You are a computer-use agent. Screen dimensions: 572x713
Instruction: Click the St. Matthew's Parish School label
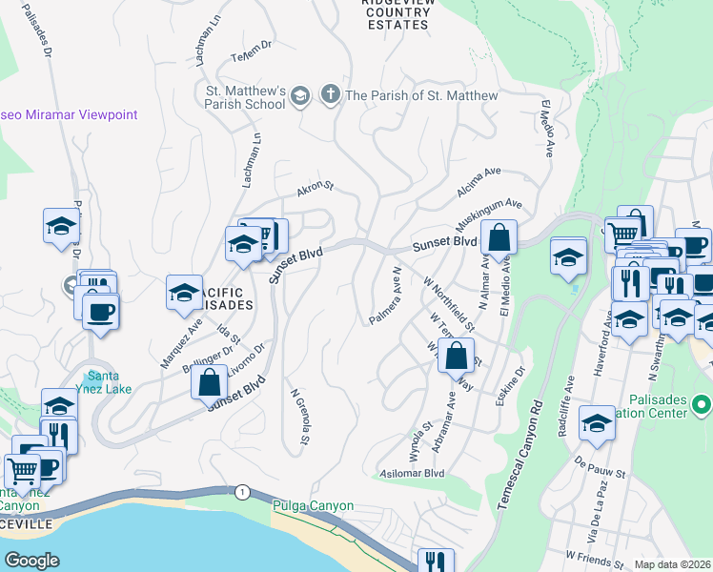(241, 97)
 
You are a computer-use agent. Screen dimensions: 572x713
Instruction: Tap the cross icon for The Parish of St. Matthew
(330, 94)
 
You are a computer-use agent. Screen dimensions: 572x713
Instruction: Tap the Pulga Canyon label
(313, 506)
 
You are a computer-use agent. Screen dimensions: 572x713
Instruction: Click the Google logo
(32, 560)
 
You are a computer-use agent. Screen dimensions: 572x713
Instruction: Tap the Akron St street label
(315, 190)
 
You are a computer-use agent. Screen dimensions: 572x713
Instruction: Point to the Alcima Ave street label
(479, 182)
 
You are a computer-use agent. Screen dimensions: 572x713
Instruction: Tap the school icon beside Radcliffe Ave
(597, 421)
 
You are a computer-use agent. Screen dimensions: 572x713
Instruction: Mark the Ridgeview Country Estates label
(397, 14)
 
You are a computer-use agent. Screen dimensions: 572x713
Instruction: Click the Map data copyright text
(673, 564)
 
